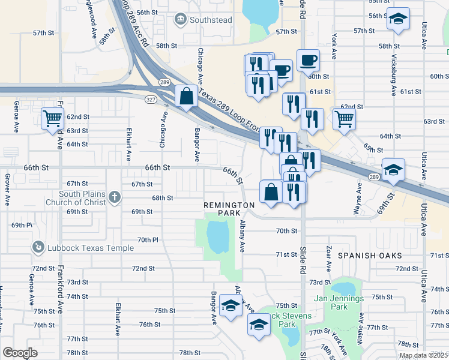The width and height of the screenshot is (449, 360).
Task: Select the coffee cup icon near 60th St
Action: [x=308, y=60]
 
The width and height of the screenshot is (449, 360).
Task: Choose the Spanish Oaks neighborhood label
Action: [x=368, y=255]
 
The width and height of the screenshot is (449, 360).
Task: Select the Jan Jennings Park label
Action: [x=339, y=302]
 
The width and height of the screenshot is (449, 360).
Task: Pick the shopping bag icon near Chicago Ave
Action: [x=187, y=95]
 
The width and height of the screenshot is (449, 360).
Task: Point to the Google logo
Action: [x=20, y=353]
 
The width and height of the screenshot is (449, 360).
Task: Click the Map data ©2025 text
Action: [x=424, y=355]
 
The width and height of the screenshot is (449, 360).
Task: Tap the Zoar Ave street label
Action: [x=328, y=257]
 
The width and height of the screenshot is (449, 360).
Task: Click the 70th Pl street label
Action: [x=147, y=239]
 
